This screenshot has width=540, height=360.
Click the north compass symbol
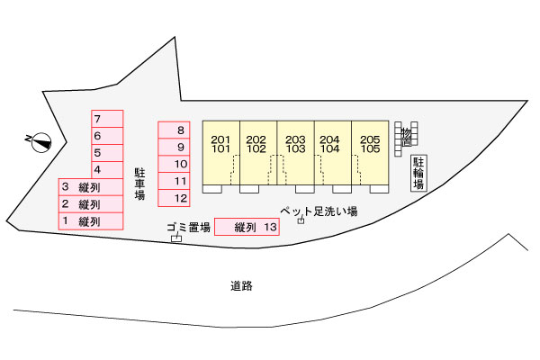[40, 141]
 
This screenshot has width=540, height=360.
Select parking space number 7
[107, 119]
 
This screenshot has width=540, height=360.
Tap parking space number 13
[247, 227]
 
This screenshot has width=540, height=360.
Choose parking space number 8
[174, 130]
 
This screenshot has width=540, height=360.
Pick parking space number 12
[174, 198]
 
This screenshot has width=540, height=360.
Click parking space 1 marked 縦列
[91, 221]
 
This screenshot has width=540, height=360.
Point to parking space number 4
[107, 170]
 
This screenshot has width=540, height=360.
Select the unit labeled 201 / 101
[221, 153]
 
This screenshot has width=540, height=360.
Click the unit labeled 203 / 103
[295, 153]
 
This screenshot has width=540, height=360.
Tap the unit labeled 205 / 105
[370, 153]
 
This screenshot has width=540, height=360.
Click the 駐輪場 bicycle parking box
[418, 173]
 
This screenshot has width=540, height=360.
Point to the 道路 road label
[241, 285]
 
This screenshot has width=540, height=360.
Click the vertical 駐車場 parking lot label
[139, 184]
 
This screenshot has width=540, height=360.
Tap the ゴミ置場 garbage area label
[188, 227]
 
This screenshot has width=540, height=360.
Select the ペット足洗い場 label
[319, 211]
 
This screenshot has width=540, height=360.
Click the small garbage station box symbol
[176, 238]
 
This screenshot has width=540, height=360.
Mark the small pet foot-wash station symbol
[301, 220]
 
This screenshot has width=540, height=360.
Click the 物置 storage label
[407, 137]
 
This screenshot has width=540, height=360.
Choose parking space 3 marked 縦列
[91, 187]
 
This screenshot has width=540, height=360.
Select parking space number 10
[174, 164]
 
